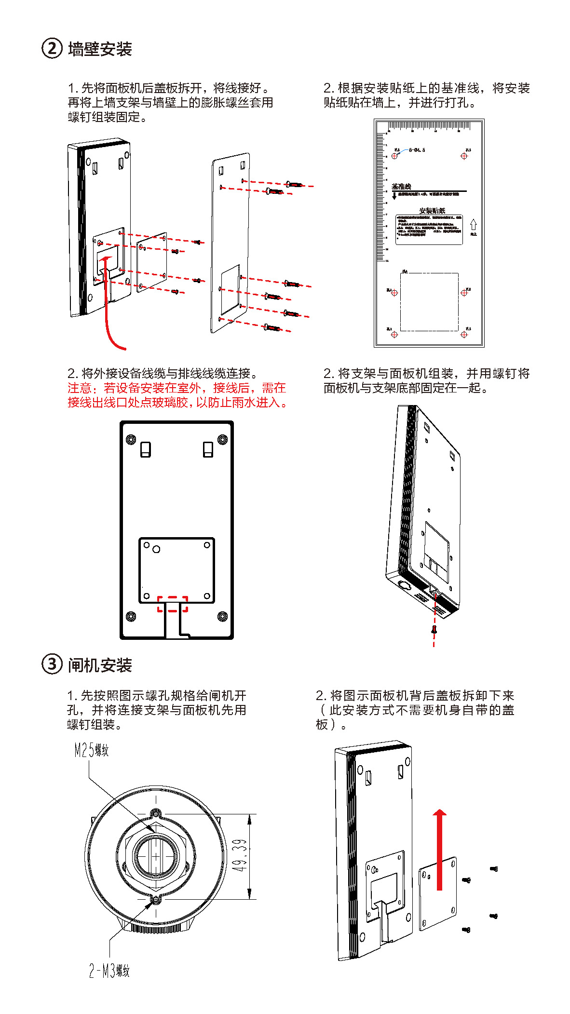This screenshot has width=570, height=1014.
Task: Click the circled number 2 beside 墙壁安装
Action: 52,49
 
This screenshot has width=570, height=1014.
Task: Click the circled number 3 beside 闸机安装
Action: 52,664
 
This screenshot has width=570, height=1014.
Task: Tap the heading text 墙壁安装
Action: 100,49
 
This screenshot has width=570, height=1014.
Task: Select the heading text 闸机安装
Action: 100,665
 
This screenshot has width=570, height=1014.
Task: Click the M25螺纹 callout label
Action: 92,750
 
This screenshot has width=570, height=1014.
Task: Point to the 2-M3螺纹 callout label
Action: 109,971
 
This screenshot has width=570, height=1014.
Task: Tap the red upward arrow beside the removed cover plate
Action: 439,849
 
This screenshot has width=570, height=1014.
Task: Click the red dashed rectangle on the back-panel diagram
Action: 173,604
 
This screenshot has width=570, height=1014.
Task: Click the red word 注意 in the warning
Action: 79,388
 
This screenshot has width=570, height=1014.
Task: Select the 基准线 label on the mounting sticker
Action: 401,187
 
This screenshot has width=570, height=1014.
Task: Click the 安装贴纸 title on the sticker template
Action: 432,211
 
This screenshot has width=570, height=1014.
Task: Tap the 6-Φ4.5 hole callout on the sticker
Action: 417,150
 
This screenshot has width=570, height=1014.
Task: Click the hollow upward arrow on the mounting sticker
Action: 473,225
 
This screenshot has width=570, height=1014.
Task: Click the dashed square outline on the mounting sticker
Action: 429,302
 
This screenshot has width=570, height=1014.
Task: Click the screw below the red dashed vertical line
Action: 434,629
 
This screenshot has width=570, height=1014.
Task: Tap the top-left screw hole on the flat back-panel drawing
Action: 131,440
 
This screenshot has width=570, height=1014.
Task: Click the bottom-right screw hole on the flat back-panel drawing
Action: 222,616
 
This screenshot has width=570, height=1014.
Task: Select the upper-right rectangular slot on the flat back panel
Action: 208,449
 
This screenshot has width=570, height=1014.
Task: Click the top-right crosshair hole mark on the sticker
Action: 464,156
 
